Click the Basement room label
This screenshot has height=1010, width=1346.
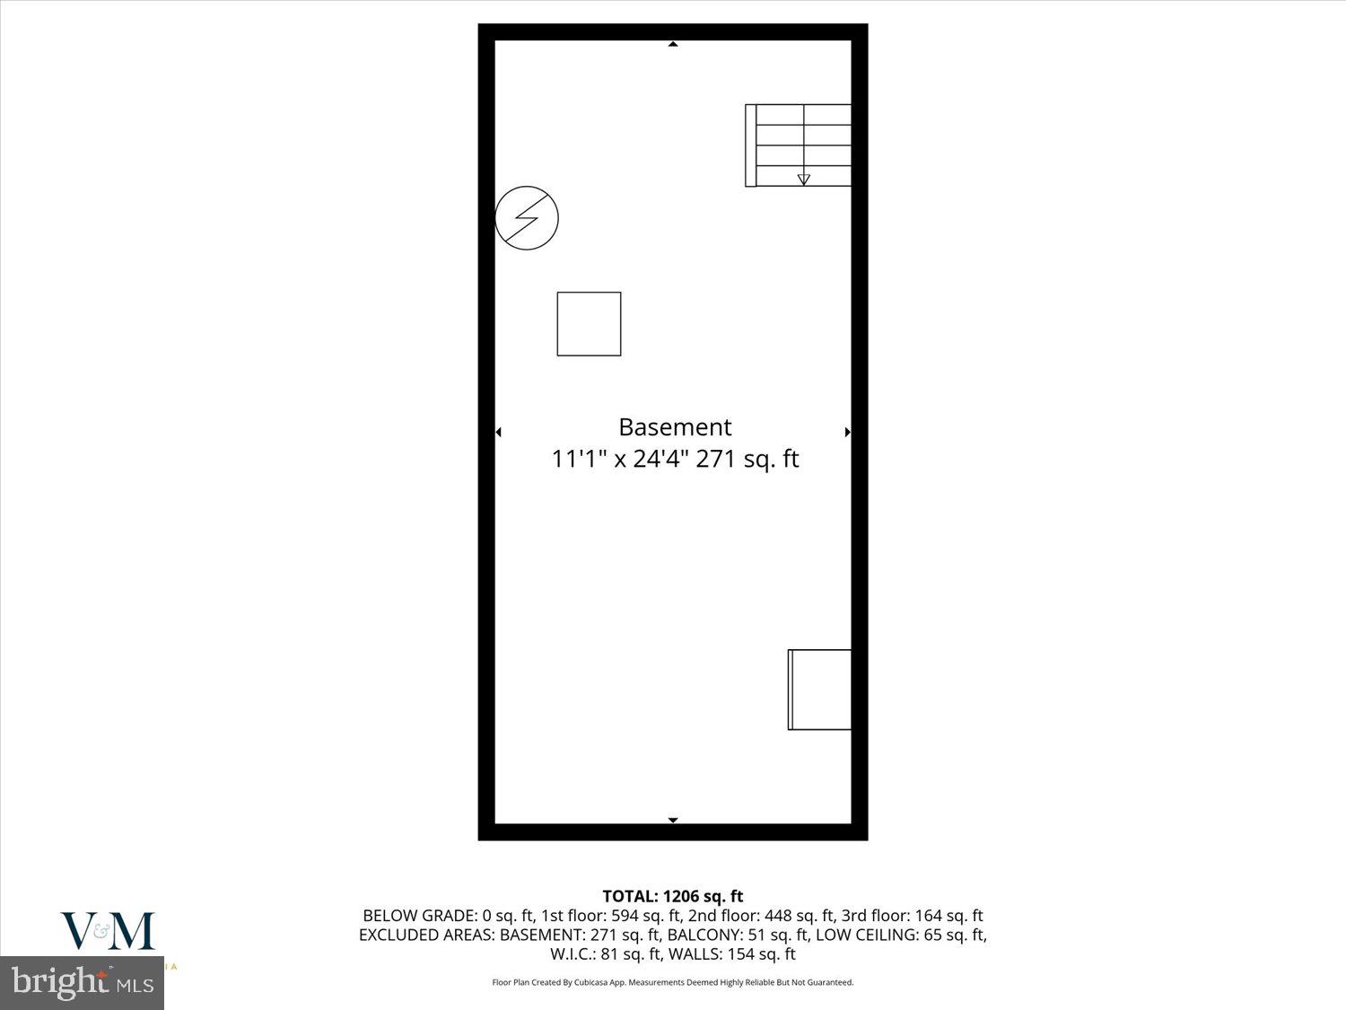click(x=675, y=427)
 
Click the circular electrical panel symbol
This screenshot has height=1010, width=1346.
click(x=527, y=218)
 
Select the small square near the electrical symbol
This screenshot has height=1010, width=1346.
click(x=589, y=324)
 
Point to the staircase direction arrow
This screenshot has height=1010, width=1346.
click(x=803, y=180)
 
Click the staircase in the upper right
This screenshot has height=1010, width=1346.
click(x=799, y=145)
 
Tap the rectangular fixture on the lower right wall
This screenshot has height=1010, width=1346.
click(x=819, y=689)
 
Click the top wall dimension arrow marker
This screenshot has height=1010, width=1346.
click(x=673, y=44)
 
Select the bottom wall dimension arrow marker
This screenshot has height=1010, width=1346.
click(x=673, y=820)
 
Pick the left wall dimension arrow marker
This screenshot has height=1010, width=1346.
click(x=498, y=432)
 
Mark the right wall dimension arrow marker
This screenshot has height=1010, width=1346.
click(x=847, y=432)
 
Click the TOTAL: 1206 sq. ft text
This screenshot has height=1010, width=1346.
click(x=673, y=896)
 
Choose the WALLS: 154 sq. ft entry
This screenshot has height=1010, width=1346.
click(x=731, y=953)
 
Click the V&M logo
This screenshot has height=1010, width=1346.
click(x=108, y=932)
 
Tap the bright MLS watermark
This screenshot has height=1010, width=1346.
click(x=83, y=983)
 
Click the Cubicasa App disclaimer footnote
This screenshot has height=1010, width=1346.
click(x=673, y=982)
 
